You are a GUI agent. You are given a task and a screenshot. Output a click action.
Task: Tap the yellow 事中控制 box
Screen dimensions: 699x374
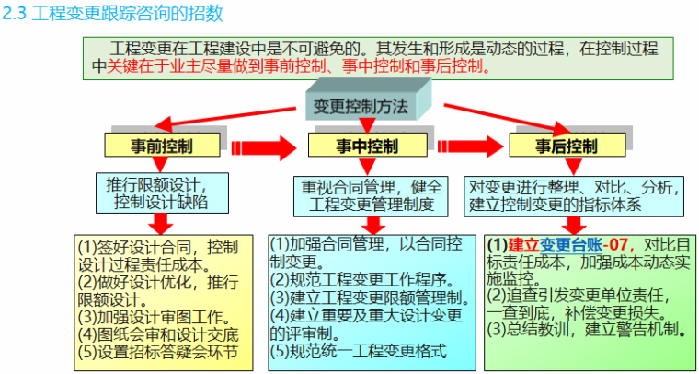click(365, 146)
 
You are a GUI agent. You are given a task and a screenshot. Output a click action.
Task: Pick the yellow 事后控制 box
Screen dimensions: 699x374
click(567, 146)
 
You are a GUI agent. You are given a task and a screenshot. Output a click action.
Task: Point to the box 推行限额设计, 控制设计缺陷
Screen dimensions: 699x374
click(161, 191)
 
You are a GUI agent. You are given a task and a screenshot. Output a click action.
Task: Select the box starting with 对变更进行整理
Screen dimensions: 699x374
click(575, 193)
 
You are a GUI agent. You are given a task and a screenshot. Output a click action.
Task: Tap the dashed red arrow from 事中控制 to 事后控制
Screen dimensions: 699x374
click(469, 145)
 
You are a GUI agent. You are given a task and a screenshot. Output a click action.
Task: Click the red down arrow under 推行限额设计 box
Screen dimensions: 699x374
click(161, 223)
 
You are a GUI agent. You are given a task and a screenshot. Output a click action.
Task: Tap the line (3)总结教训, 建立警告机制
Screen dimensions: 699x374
click(584, 330)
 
